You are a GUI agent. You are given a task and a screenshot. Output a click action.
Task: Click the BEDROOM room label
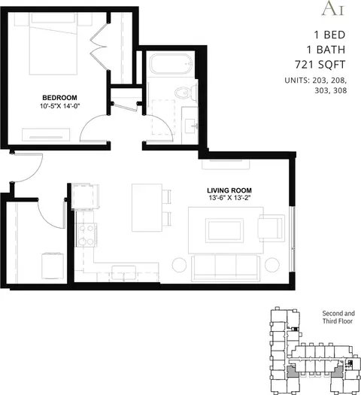pyautogui.click(x=59, y=98)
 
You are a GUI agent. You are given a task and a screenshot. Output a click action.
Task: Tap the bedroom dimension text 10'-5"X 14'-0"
pyautogui.click(x=59, y=106)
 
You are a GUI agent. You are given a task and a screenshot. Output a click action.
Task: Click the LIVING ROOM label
pyautogui.click(x=229, y=190)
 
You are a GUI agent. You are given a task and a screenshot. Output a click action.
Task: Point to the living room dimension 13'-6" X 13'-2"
pyautogui.click(x=229, y=198)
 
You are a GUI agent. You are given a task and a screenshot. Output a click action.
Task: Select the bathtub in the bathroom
pyautogui.click(x=171, y=64)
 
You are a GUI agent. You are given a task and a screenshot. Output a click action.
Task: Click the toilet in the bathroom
pyautogui.click(x=187, y=93)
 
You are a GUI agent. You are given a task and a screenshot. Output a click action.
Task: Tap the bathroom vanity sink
pyautogui.click(x=191, y=126)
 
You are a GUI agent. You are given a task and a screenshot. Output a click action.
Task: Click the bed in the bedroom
pyautogui.click(x=53, y=44)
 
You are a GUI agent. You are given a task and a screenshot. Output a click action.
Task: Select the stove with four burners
pyautogui.click(x=86, y=235)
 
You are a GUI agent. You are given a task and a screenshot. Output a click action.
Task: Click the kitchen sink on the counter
pyautogui.click(x=123, y=272)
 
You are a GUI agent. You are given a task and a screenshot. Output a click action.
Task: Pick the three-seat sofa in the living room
pyautogui.click(x=226, y=268)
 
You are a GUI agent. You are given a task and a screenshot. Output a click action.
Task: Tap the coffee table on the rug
pyautogui.click(x=224, y=230)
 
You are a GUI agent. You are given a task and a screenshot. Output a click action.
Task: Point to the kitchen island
pyautogui.click(x=147, y=208)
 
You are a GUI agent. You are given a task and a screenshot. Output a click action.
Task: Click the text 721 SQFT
pyautogui.click(x=320, y=65)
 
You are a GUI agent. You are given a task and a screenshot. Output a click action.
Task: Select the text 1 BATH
pyautogui.click(x=326, y=50)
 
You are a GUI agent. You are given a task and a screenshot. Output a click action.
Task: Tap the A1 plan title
pyautogui.click(x=333, y=8)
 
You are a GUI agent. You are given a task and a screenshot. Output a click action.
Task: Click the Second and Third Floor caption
pyautogui.click(x=338, y=318)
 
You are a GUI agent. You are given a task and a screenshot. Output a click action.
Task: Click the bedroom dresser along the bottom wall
pyautogui.click(x=46, y=135)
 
